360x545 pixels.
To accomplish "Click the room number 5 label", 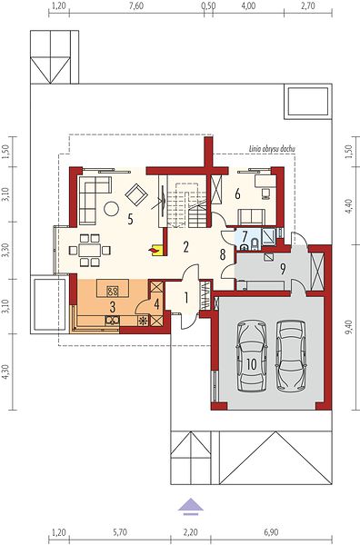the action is pos(130,219).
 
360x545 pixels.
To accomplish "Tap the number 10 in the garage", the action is pos(252,364).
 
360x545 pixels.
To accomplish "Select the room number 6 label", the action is pos(237,194).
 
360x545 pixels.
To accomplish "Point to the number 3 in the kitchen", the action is pos(113,307).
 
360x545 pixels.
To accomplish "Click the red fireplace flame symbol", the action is pos(153,250).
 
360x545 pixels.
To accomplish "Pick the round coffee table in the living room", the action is pos(111,209).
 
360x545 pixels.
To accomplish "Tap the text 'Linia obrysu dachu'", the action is pos(272,149).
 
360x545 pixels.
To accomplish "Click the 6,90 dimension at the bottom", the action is pos(271,532).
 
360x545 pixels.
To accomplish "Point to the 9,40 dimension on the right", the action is pos(349,327).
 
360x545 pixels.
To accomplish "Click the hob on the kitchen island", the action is pos(112,291).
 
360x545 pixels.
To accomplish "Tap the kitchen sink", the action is pos(112,320).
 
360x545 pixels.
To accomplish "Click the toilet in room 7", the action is pos(254,244).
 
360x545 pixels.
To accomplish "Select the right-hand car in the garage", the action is pos(291,355).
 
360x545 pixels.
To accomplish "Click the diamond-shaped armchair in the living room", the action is pos(136,194).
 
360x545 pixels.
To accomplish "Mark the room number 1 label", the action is pos(186,298).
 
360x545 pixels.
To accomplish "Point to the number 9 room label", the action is pos(283,268).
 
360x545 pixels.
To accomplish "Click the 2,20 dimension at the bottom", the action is pos(191,532).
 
